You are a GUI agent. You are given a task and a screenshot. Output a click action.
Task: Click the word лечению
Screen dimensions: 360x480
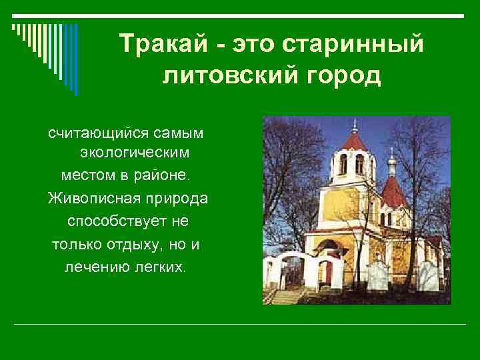[x=98, y=267]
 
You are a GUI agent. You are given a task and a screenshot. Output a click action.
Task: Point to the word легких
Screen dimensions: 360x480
[x=163, y=267]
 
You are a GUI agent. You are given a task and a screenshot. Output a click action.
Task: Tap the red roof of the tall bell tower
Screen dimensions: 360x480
[x=354, y=141]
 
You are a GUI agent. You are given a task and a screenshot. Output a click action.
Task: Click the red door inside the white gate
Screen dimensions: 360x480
[x=327, y=273]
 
